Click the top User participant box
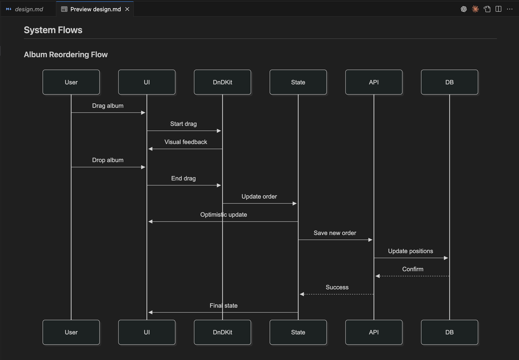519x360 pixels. (71, 82)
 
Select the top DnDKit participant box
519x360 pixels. (222, 82)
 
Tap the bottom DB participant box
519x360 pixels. (449, 332)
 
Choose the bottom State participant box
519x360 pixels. (298, 332)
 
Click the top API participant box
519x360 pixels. (374, 82)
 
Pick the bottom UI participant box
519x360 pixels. (147, 332)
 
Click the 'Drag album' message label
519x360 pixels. (108, 106)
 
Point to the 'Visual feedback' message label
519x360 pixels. (186, 142)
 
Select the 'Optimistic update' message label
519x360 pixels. (224, 215)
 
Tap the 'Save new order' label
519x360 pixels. (335, 233)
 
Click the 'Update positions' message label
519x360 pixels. (410, 251)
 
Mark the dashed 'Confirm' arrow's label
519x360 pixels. (413, 269)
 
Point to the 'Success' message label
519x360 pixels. (337, 287)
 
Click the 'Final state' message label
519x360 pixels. (224, 305)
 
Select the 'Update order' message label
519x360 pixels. (259, 196)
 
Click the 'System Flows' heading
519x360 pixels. (53, 30)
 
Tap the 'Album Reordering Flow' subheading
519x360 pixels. (66, 55)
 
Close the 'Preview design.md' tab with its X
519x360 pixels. (127, 9)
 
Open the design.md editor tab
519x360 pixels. (29, 9)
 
